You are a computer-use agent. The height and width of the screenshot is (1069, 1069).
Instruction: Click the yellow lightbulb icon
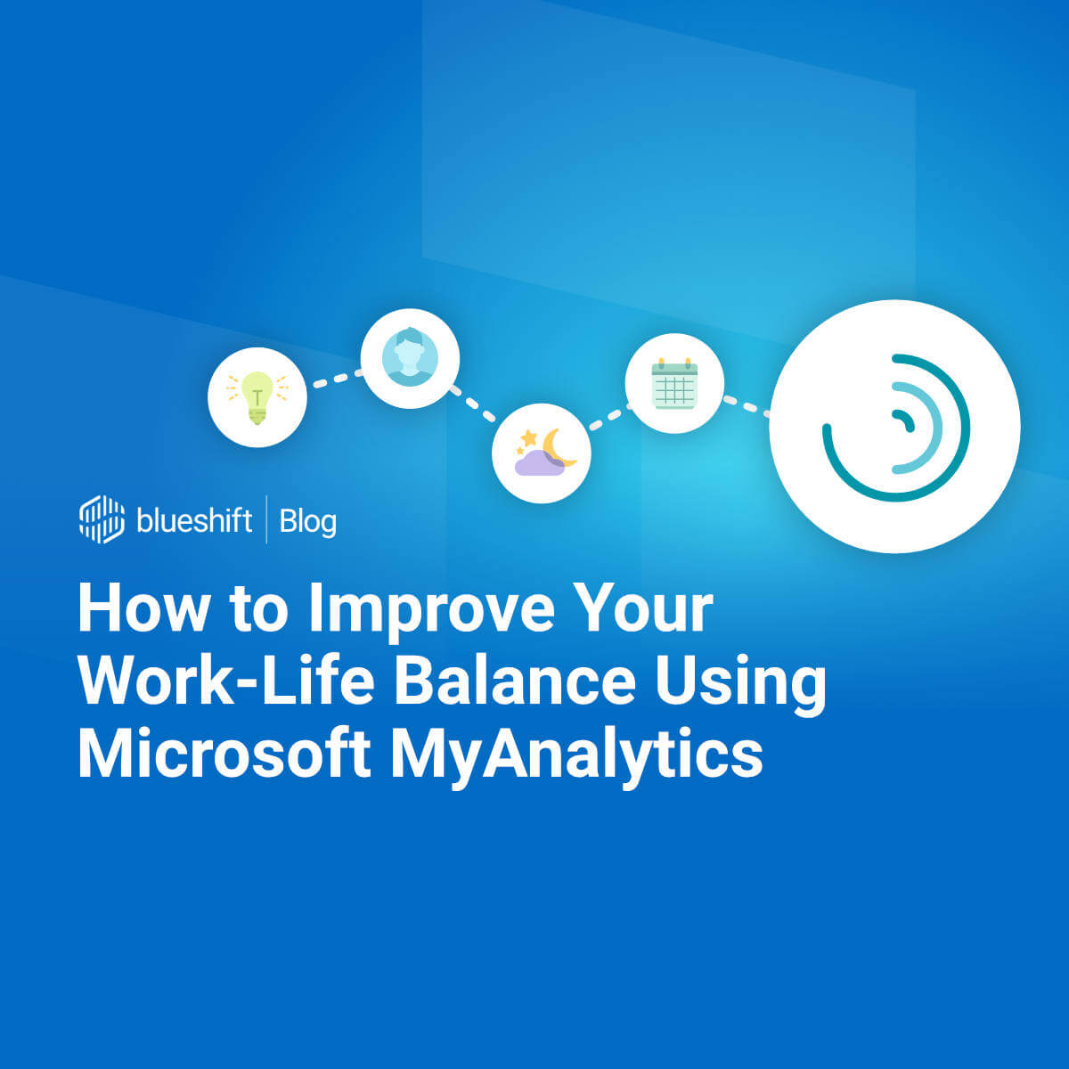[257, 397]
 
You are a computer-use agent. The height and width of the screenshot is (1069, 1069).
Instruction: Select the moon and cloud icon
[542, 453]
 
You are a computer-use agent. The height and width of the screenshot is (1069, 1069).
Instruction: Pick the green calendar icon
[674, 384]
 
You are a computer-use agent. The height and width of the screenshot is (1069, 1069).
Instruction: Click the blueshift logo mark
[102, 519]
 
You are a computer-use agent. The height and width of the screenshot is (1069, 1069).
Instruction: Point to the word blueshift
[194, 520]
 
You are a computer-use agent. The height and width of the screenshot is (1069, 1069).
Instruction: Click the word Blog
[308, 521]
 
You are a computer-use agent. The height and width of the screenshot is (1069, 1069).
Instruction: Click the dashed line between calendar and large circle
[747, 405]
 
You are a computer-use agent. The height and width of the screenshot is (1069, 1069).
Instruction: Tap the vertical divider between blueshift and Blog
[266, 519]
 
